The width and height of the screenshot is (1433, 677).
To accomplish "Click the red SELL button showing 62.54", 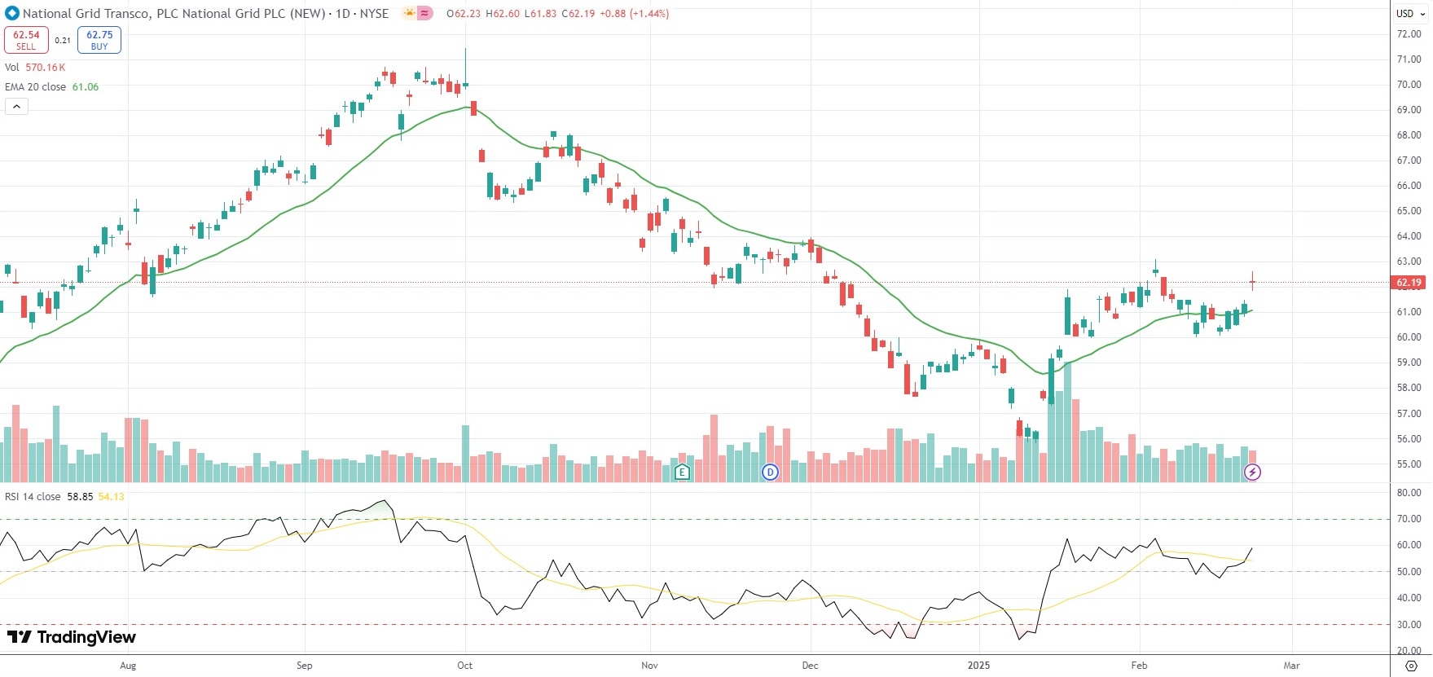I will click(26, 40).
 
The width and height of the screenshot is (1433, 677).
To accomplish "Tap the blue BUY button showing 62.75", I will click(99, 40).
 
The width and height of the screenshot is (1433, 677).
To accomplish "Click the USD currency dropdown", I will click(1409, 13).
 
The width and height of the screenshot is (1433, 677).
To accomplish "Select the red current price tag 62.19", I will click(1409, 283).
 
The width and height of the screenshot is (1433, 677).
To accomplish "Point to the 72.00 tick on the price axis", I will click(1409, 34).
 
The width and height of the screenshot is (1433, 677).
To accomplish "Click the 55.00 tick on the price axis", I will click(1409, 464).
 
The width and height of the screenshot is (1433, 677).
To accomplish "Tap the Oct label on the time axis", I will click(464, 666).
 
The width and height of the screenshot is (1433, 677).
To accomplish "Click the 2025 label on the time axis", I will click(978, 666).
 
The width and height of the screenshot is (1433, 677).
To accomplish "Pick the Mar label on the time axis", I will click(1291, 666).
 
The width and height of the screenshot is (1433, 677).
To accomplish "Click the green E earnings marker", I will click(682, 472).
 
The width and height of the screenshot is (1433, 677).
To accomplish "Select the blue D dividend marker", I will click(770, 472).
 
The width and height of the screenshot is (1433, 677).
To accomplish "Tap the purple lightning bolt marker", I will click(1252, 472).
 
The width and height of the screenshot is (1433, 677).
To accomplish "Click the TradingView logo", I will click(72, 637).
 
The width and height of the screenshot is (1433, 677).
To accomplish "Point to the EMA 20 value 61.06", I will click(86, 87).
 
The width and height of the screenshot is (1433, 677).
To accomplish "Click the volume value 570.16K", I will click(46, 68).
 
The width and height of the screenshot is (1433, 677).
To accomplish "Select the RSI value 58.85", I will click(80, 497).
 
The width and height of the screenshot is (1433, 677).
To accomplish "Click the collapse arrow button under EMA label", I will click(16, 107).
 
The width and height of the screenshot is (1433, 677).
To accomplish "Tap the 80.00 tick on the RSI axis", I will click(1409, 493).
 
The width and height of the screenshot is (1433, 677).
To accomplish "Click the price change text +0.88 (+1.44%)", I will click(635, 14).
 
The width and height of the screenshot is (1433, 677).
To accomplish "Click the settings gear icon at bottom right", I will click(1412, 666).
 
